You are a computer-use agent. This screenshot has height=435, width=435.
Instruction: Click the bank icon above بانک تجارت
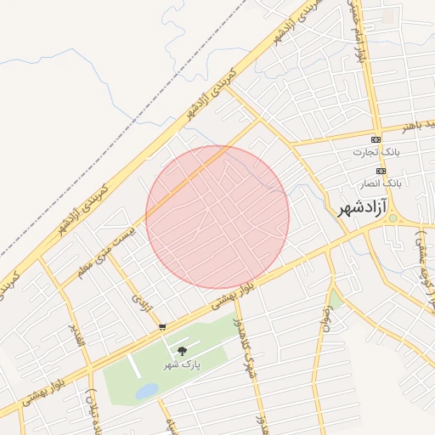coord(376,139)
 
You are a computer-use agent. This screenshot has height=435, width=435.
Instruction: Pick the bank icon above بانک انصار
coord(381,171)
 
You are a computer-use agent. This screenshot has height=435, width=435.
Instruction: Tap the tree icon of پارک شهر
coord(182,350)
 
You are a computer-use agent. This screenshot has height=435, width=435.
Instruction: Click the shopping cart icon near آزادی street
coord(162,326)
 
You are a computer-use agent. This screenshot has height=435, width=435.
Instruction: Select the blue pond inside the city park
coord(147,390)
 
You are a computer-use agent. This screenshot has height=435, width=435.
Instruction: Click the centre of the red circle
coord(217,217)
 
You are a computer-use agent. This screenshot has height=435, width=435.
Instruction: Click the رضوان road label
coord(324,319)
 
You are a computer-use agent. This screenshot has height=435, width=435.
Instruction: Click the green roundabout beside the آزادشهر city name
coord(392,218)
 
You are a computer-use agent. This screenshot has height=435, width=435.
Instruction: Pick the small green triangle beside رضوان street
coord(336,300)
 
